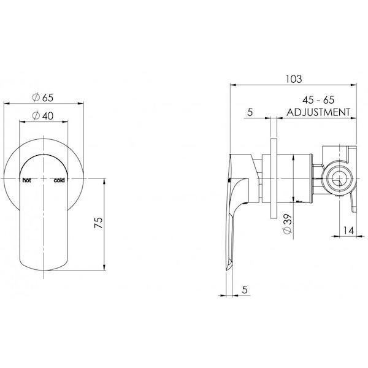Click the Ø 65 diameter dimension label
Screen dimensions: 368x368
coord(43,98)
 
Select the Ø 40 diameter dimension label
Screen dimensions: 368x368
coord(43,116)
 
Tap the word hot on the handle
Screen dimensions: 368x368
coord(26,180)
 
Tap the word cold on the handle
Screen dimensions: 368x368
coord(59,180)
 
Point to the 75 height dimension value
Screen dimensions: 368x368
coord(99,223)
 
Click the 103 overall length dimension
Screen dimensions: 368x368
coord(294,79)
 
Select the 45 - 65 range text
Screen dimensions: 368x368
coord(318,100)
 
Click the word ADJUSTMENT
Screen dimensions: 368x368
coord(318,112)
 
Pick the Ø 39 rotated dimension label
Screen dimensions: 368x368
coord(288,224)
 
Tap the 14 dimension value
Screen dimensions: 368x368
coord(348,231)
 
